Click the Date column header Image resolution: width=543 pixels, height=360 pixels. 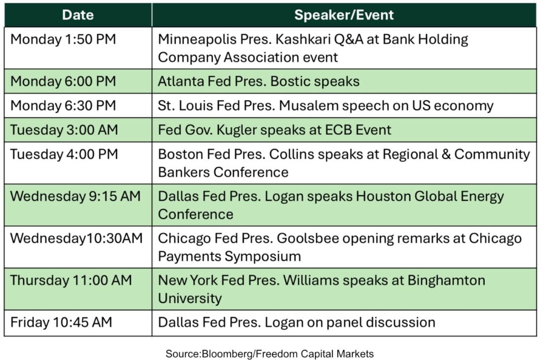78,15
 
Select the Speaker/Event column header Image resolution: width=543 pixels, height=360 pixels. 344,15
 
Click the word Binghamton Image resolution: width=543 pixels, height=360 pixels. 446,281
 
